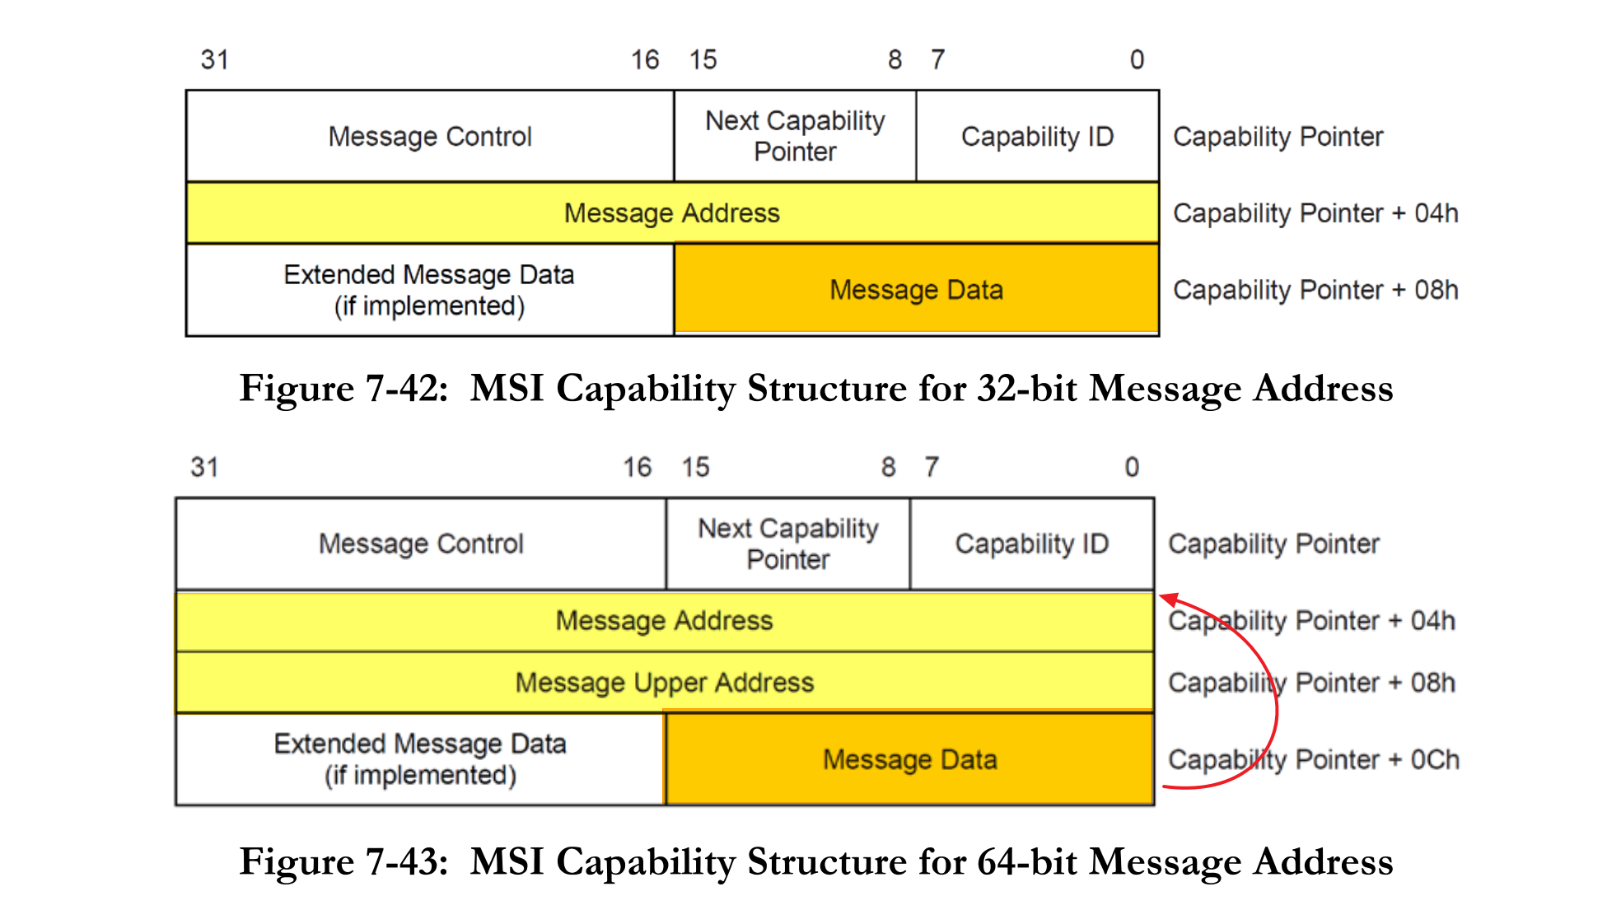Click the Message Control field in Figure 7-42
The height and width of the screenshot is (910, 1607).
coord(430,136)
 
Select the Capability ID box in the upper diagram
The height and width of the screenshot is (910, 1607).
coord(1037,136)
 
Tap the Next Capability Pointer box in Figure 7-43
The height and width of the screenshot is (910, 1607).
coord(788,544)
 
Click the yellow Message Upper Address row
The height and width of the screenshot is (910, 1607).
coord(664,683)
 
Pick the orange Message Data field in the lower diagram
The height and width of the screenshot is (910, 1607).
coord(909,759)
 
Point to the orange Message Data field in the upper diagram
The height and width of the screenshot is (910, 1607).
coord(916,290)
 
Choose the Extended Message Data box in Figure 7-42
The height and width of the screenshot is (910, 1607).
coord(429,290)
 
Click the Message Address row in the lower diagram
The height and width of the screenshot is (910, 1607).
coord(664,620)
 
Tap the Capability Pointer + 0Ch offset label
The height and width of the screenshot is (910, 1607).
coord(1313,759)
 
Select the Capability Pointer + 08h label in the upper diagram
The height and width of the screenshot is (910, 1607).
coord(1315,290)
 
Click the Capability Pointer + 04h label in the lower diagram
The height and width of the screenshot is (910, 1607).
coord(1311,620)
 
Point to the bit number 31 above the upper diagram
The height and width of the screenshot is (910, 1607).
coord(214,59)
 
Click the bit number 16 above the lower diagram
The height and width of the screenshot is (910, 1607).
coord(637,467)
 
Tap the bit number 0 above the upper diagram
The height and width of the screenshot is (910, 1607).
coord(1137,59)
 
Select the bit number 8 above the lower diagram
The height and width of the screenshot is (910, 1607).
coord(888,467)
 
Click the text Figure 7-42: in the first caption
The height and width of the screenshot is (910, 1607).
coord(343,388)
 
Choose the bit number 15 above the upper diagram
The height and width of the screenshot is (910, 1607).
coord(703,59)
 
